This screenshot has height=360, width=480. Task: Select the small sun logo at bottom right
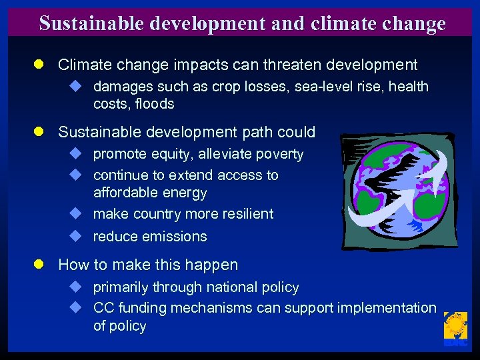455,329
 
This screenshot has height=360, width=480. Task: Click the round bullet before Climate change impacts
40,65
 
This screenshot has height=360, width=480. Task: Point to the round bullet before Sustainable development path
40,132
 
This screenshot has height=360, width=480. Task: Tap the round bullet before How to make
40,265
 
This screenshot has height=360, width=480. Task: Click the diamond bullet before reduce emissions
76,236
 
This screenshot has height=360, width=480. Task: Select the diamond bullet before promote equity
76,154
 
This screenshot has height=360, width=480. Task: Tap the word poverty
277,154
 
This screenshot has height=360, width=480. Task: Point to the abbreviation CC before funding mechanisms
103,308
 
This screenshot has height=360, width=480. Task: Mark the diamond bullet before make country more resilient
76,214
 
